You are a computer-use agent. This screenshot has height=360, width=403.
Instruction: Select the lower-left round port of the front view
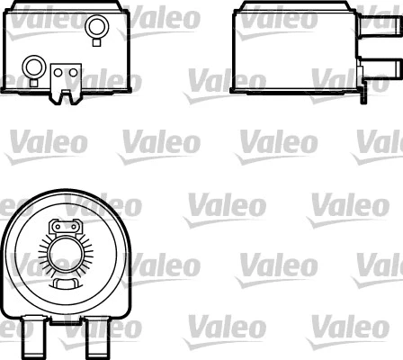(34, 67)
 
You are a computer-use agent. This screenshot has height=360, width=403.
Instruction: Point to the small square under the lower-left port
(34, 82)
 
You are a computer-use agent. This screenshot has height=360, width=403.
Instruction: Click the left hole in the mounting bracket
(58, 69)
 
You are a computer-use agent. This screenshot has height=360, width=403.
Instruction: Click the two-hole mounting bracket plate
(66, 78)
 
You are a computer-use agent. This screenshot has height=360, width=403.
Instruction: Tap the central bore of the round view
(64, 256)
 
